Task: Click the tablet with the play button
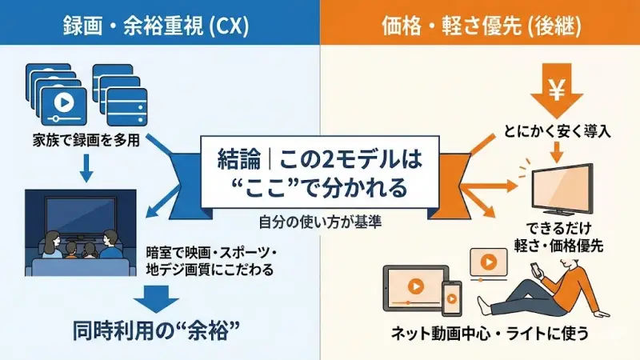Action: (412, 286)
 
